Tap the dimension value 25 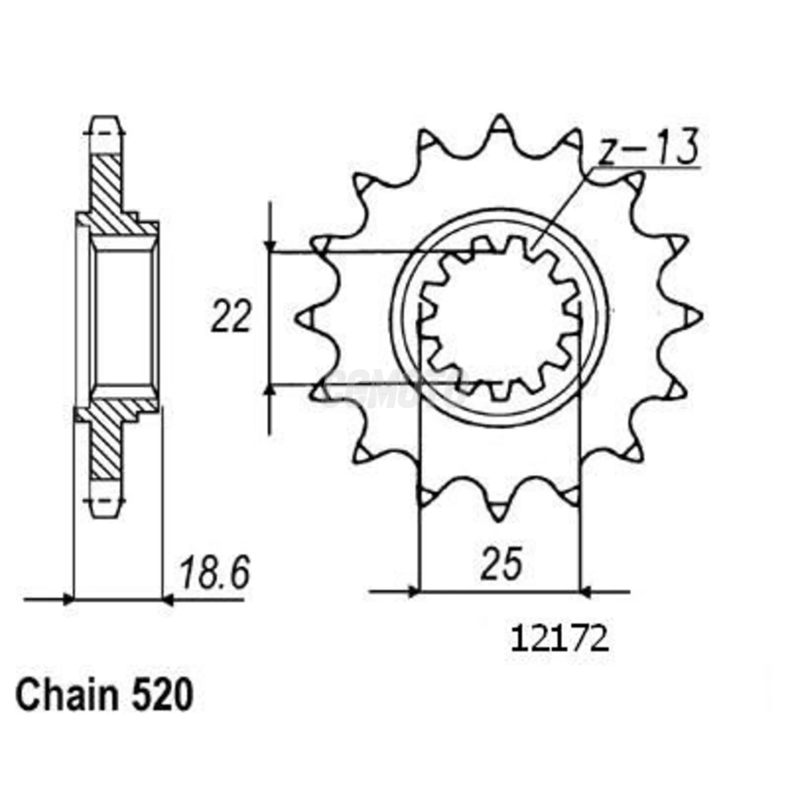[500, 563]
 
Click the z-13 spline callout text [647, 147]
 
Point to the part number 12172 [559, 640]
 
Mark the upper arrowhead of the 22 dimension [271, 247]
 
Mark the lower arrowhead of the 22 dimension [271, 390]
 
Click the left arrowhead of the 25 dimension [414, 592]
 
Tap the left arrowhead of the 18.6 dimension [68, 599]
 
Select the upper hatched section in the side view [107, 191]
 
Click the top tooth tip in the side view [105, 121]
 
